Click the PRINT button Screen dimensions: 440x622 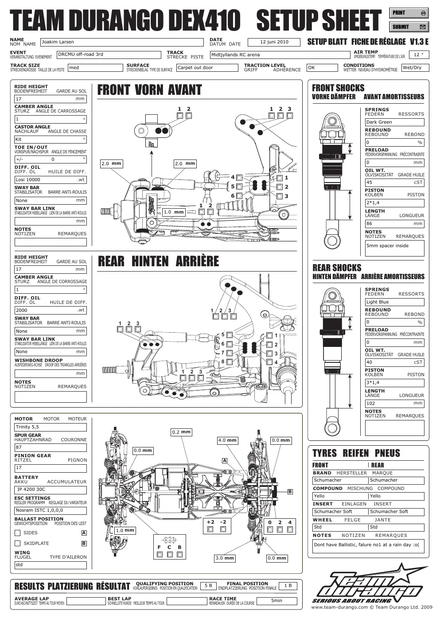click(409, 13)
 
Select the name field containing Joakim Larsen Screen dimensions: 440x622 click(122, 42)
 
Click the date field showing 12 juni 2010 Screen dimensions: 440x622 click(274, 42)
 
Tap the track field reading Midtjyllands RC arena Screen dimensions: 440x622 click(280, 54)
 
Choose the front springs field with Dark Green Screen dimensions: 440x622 click(394, 122)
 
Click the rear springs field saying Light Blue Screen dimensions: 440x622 click(394, 302)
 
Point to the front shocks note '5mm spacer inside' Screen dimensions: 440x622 click(394, 248)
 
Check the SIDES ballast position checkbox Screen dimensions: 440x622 click(17, 533)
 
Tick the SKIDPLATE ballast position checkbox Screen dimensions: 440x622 click(17, 544)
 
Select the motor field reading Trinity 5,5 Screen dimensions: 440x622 click(51, 427)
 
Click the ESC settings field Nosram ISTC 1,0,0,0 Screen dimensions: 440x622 click(51, 510)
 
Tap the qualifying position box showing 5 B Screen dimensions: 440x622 click(208, 586)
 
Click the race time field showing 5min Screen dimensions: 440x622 click(276, 601)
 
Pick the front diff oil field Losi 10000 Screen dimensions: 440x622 click(51, 180)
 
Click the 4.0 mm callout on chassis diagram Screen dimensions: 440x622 click(227, 440)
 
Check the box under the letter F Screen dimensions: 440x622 click(160, 555)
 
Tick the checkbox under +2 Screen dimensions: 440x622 click(210, 529)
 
